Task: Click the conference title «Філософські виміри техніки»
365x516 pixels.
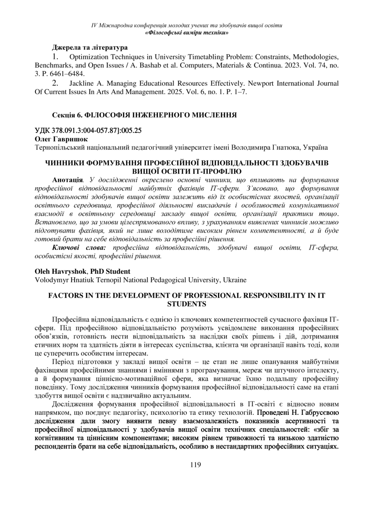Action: [x=186, y=32]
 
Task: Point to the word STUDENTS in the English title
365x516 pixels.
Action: [x=186, y=304]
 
